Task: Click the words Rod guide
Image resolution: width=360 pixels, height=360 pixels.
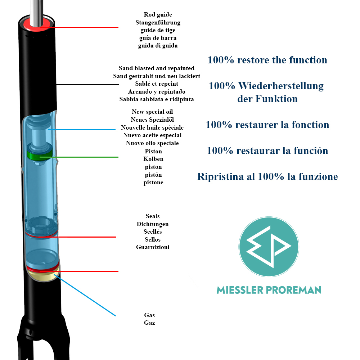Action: click(158, 15)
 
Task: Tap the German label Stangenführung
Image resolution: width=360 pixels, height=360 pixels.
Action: click(158, 23)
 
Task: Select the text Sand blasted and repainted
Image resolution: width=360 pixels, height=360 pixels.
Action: click(157, 68)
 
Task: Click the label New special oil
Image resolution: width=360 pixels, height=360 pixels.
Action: click(152, 112)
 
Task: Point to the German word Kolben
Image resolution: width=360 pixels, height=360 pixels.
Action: click(153, 159)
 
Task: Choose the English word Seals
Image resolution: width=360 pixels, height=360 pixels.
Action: click(153, 216)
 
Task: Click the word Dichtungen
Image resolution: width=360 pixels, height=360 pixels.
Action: click(153, 224)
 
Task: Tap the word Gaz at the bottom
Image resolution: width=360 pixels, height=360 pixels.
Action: click(149, 323)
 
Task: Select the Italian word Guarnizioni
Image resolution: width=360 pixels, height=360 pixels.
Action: click(153, 247)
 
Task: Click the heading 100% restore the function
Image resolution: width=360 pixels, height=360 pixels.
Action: click(267, 60)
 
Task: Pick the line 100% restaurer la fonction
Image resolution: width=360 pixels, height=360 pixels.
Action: click(267, 125)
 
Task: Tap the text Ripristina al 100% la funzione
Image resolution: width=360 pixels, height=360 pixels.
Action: click(267, 177)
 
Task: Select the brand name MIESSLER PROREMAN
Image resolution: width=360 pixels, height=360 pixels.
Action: click(269, 290)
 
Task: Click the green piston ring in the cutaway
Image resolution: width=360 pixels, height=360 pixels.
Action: click(40, 156)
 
